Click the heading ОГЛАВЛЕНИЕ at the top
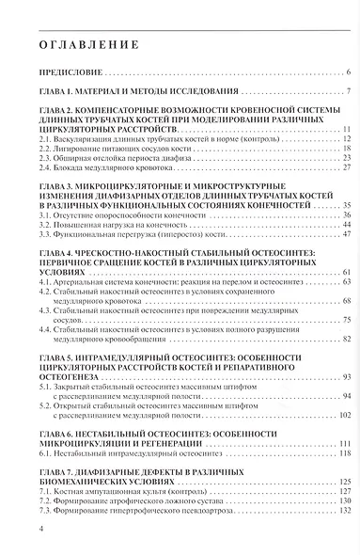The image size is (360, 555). pos(89,44)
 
